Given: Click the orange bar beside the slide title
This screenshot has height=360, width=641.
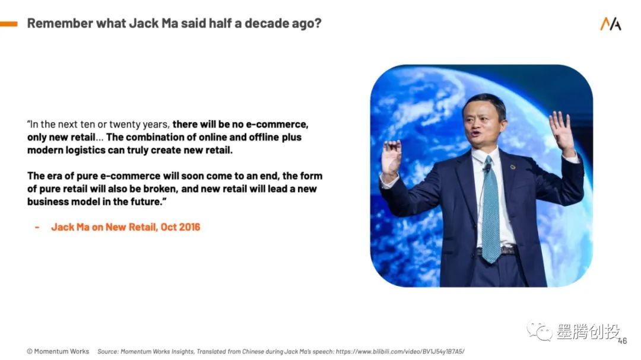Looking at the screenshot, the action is (8, 24).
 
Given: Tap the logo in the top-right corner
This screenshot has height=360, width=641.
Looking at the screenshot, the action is (610, 24).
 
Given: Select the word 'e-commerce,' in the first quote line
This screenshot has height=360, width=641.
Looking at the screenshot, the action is (277, 124).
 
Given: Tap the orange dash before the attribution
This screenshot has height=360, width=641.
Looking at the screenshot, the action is (37, 227).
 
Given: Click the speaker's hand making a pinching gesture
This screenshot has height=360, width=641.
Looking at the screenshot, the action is (391, 157).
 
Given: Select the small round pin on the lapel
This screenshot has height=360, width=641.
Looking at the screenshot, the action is (513, 167).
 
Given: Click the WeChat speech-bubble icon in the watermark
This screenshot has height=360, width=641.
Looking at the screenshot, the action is (539, 330).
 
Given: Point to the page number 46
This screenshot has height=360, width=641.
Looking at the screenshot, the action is (622, 341).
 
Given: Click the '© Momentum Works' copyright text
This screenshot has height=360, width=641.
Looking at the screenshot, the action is (58, 352).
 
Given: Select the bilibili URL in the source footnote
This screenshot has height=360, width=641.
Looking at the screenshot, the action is (400, 352).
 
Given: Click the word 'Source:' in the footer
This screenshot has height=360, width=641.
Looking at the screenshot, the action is (107, 352).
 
